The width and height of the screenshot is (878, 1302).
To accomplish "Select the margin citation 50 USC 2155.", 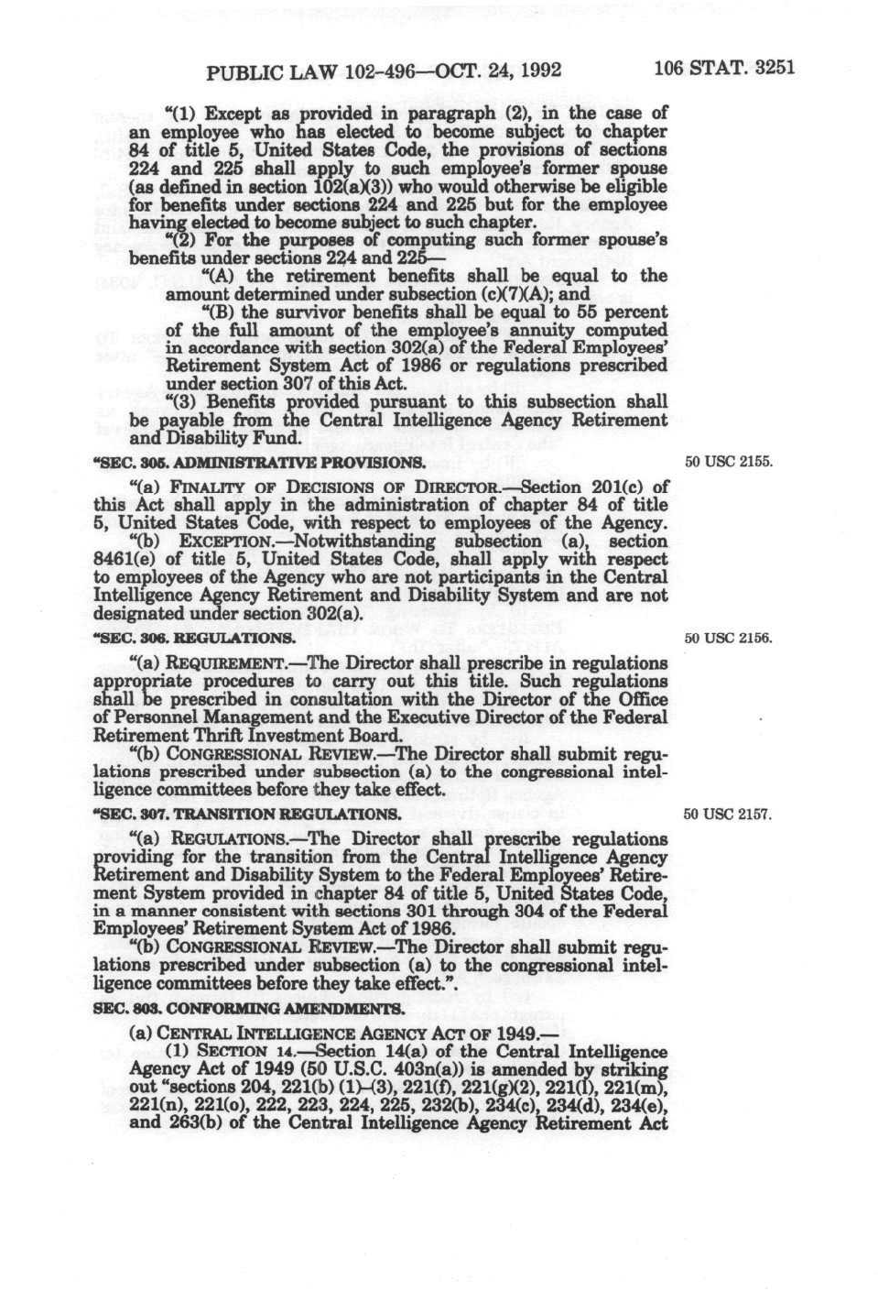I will tap(729, 461).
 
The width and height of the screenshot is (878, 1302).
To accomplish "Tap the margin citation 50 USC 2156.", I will tap(729, 638).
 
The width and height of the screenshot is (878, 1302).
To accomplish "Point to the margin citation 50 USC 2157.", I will tap(729, 814).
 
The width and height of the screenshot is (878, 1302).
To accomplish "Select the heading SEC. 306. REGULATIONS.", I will tap(194, 639).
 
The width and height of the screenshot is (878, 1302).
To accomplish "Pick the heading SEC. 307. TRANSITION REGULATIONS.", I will tap(247, 814).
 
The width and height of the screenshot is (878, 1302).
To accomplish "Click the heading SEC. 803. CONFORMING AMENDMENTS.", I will tap(247, 1009).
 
